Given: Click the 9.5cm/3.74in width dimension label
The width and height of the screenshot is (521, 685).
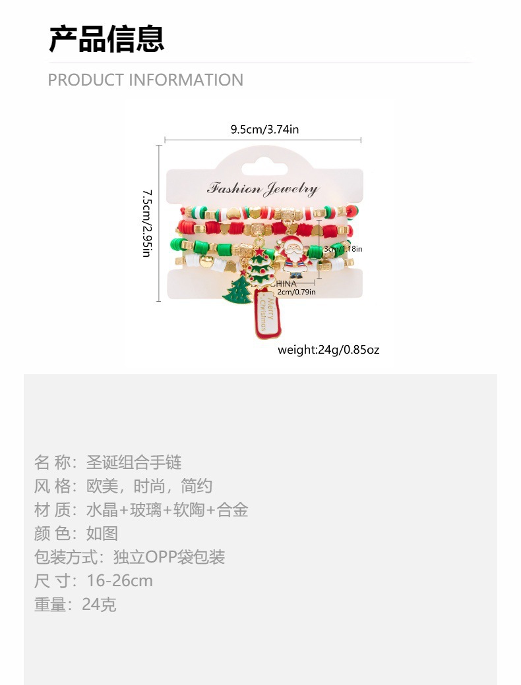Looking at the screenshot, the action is pos(264,129).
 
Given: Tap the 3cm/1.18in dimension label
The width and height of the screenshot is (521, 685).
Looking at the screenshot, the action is pos(343,249).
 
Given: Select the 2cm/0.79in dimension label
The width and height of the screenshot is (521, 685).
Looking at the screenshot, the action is pos(296,292).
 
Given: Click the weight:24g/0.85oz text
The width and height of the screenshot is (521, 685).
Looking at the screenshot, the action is pos(328,349).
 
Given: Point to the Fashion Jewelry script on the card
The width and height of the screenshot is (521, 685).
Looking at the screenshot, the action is pos(262,189).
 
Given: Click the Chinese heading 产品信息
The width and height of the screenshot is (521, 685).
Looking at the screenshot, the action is pos(107,39).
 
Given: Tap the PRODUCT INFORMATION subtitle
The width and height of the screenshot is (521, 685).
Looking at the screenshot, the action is pos(146,80).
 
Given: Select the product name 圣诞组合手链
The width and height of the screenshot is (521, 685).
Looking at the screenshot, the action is pos(134,462).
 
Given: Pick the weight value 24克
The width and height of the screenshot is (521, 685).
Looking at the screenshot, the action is pos(99,605).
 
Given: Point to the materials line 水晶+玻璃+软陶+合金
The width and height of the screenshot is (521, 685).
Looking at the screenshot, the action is pos(168,510).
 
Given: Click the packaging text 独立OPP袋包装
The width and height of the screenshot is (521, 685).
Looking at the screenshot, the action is pos(169,557).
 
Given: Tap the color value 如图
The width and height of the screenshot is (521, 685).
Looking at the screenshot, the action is pos(102,534).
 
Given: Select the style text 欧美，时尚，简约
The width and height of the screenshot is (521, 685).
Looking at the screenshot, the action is pos(150,486).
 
